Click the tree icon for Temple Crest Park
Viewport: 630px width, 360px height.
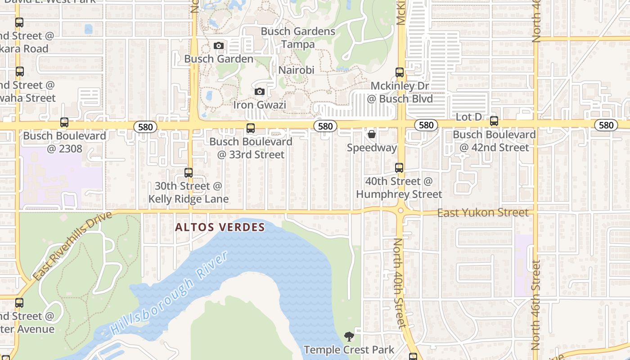point(349,336)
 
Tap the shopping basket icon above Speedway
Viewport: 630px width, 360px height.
point(372,134)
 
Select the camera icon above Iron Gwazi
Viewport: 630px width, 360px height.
point(259,92)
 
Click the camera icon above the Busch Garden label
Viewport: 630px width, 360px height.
point(219,46)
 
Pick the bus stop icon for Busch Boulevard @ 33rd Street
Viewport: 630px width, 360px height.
point(251,128)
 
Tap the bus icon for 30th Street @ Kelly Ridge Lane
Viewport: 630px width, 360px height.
point(189,173)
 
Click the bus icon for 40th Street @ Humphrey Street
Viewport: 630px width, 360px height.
point(399,168)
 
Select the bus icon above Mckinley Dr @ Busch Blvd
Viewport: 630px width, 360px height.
point(400,72)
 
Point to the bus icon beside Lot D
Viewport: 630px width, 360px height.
point(494,121)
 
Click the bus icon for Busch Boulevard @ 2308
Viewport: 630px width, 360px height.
point(64,122)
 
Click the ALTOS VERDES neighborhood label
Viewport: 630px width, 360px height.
point(220,227)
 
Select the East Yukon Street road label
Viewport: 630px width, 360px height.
point(483,212)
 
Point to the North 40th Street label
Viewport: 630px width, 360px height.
point(399,283)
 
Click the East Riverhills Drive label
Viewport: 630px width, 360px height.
point(72,246)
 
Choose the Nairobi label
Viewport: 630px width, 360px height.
point(296,70)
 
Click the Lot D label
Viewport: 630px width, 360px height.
point(468,117)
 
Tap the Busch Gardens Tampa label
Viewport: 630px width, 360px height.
point(298,38)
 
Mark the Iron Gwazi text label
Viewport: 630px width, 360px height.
point(260,105)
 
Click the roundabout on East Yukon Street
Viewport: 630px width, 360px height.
point(400,210)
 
